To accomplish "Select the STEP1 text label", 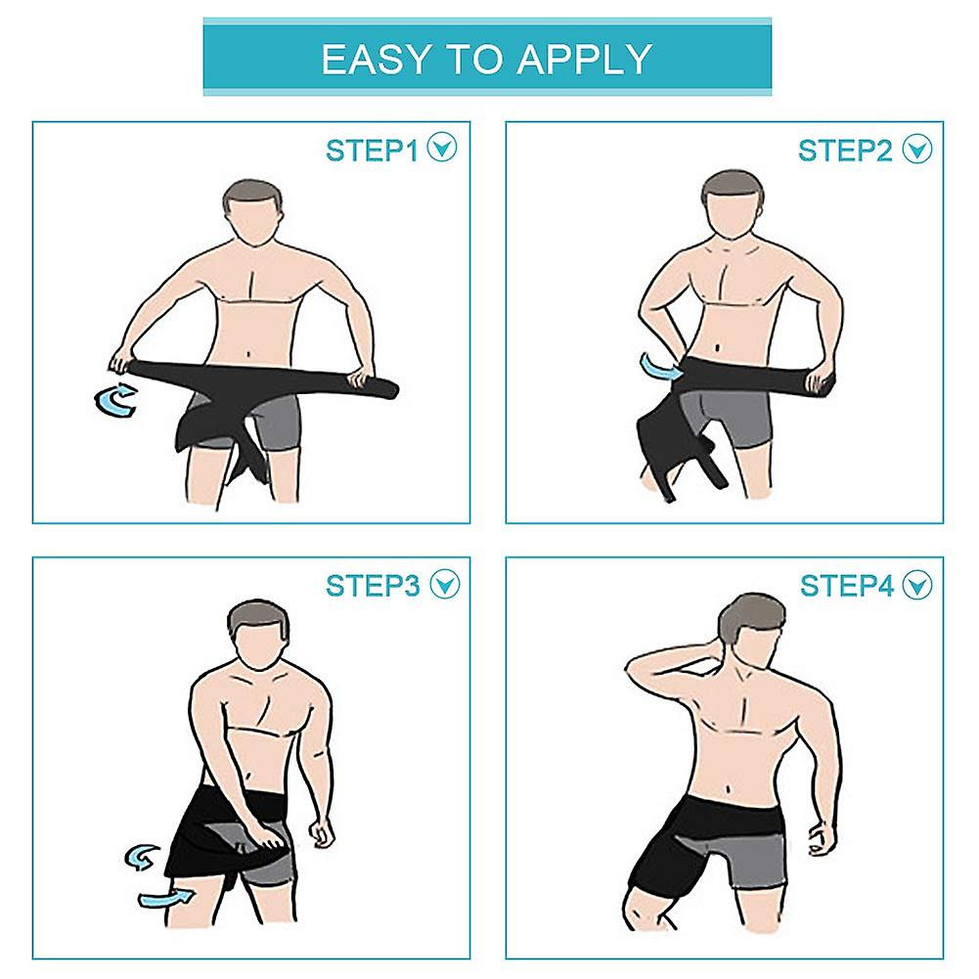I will [372, 150].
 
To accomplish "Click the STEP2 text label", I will [845, 150].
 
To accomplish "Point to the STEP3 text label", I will [373, 585].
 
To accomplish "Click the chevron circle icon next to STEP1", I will [445, 150].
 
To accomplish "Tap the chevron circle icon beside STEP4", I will [917, 585].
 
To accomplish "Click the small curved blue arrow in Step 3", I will [142, 857].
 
